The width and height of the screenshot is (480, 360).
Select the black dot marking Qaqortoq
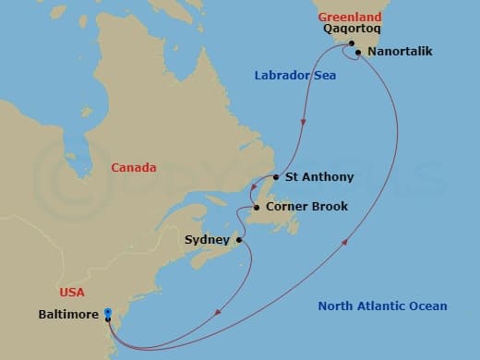[x=351, y=43]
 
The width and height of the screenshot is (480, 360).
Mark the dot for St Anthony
[x=277, y=177]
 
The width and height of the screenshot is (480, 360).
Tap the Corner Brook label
[x=306, y=207]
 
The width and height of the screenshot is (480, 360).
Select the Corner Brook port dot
[x=257, y=208]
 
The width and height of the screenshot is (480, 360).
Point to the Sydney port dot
[x=238, y=240]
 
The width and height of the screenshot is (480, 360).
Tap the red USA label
[x=71, y=293]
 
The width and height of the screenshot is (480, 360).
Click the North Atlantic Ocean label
[x=382, y=306]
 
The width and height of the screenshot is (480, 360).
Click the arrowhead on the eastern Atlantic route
[x=345, y=242]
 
